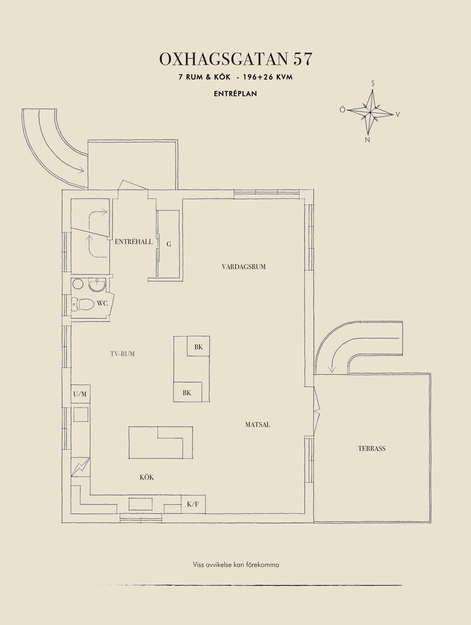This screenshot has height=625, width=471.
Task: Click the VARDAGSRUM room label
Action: tap(244, 267)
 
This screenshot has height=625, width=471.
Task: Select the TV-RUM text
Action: tap(122, 354)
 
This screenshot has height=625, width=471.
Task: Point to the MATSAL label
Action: tap(258, 424)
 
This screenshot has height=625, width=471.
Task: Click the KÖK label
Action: tap(147, 477)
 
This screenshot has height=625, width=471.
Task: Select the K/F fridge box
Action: tap(193, 504)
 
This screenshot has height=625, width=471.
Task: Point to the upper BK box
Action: tap(198, 346)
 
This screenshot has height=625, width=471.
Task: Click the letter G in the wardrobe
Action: tap(169, 244)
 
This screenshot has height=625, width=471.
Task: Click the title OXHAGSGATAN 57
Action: tap(236, 59)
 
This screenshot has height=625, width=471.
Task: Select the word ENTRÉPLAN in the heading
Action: tap(235, 94)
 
